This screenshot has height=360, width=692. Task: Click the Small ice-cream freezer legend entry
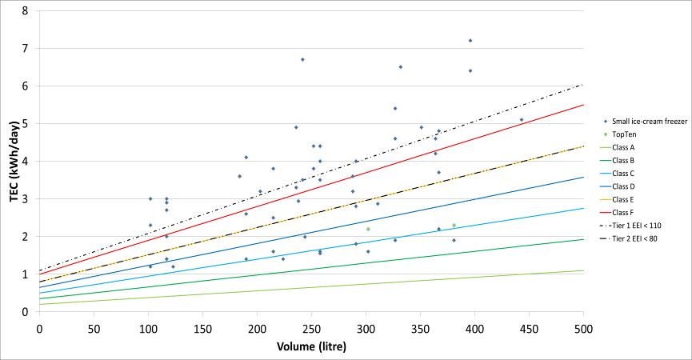click(649, 121)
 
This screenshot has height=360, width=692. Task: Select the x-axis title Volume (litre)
click(311, 347)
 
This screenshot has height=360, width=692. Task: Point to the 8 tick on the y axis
click(26, 11)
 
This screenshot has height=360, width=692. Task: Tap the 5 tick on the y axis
click(26, 124)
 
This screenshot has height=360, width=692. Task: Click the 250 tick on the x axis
click(311, 329)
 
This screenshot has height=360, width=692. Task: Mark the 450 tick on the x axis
click(529, 329)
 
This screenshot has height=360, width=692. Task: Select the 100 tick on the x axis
click(148, 329)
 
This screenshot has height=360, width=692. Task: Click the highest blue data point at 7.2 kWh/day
click(470, 41)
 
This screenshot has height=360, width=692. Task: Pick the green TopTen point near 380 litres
click(454, 226)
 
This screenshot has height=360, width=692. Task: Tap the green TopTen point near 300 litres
click(368, 230)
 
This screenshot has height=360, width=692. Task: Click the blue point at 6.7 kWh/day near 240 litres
click(302, 59)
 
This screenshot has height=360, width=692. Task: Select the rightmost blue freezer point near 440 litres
click(522, 120)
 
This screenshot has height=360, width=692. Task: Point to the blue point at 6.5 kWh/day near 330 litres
click(400, 67)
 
